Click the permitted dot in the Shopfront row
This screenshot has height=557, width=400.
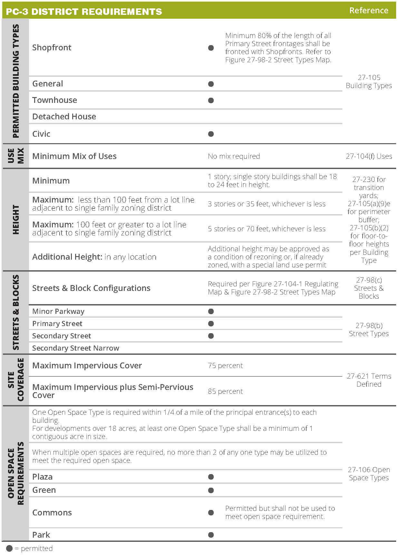point(211,48)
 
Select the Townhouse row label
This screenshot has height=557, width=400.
point(54,100)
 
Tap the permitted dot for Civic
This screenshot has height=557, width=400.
point(211,134)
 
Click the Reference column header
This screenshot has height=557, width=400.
point(368,10)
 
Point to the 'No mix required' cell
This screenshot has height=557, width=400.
point(234,156)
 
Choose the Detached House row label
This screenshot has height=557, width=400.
point(64,116)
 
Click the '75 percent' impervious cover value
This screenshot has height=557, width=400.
point(225,365)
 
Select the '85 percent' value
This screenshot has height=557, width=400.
point(225,391)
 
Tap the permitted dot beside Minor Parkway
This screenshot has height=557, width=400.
point(211,311)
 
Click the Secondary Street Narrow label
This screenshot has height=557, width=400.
point(75,348)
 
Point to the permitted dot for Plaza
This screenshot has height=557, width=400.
point(211,477)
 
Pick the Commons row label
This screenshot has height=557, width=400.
point(52,512)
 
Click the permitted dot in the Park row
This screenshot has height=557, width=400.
point(211,535)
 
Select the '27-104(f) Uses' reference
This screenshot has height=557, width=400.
point(369,156)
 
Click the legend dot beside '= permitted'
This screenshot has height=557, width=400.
point(9,548)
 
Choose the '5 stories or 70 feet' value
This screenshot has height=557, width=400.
point(267,229)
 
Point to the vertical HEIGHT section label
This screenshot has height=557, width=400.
point(15,219)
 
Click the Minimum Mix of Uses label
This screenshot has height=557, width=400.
point(74,156)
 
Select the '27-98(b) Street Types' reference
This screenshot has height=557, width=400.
point(369,329)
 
